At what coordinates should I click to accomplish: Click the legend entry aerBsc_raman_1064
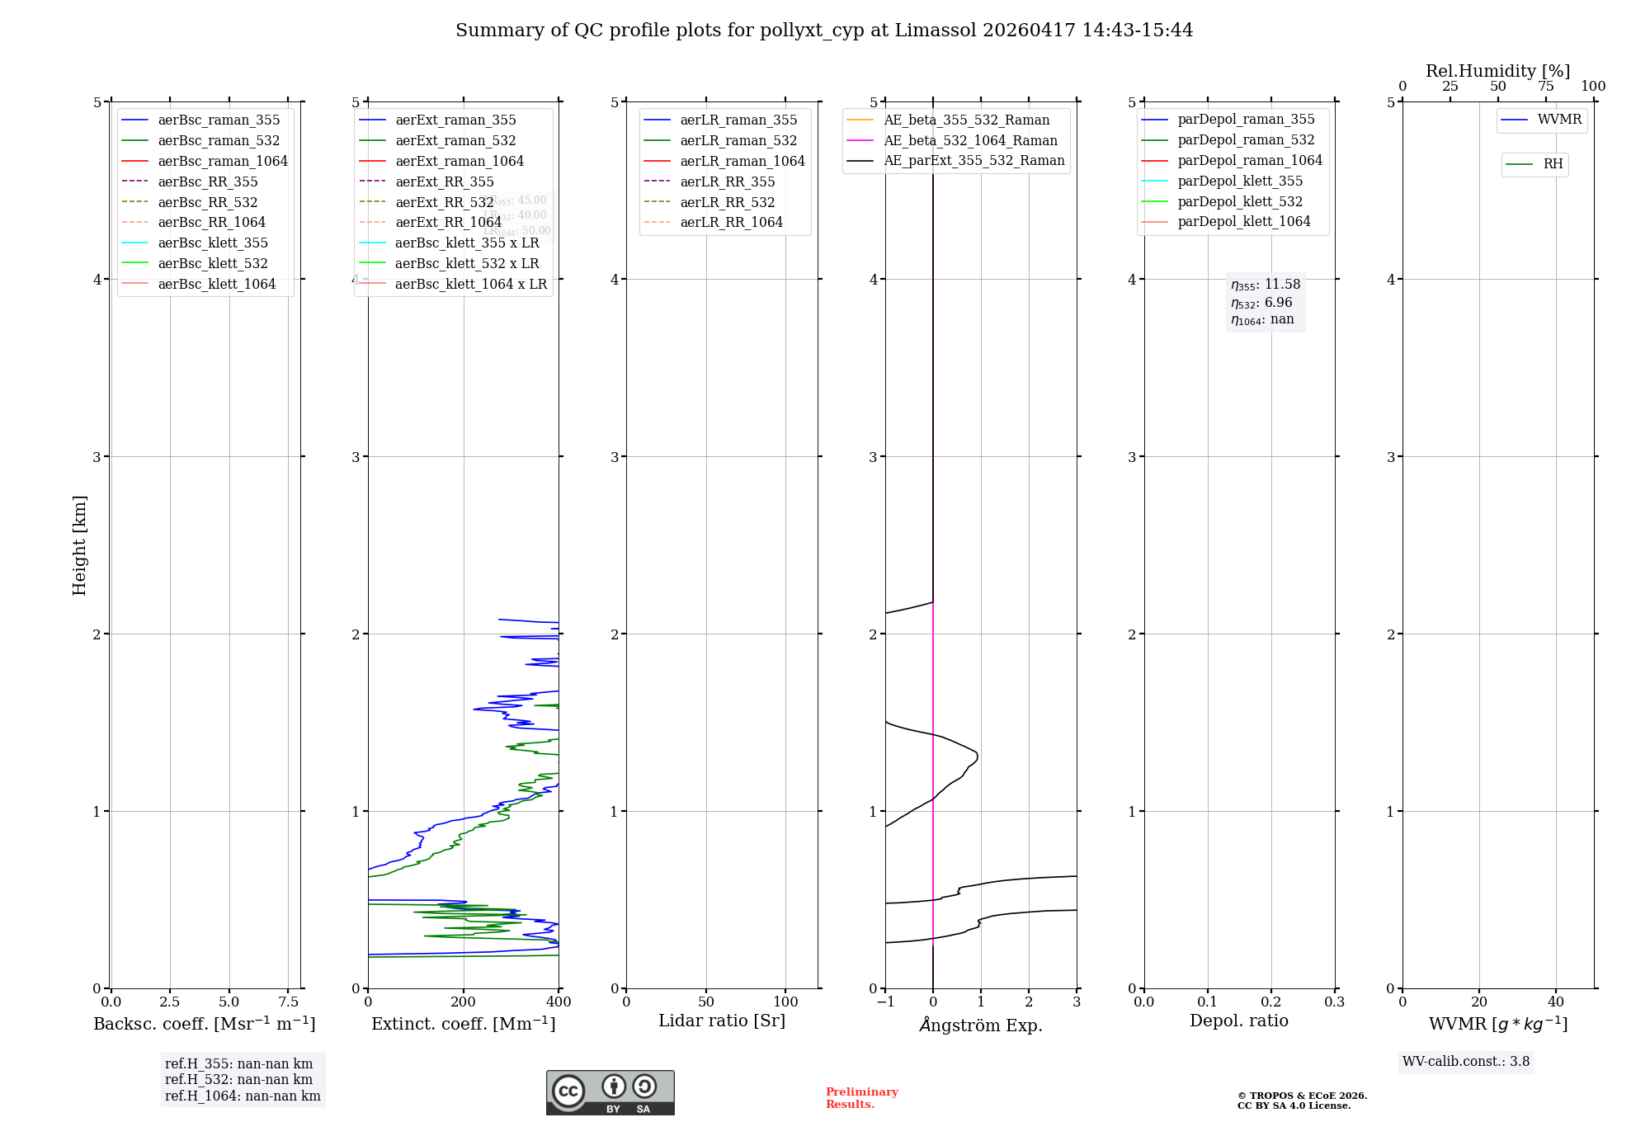(222, 161)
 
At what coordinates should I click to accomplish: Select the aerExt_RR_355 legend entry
(444, 181)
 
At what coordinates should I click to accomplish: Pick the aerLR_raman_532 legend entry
(738, 140)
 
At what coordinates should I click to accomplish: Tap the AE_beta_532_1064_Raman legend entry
(970, 140)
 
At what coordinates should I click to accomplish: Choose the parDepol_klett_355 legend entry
(1239, 181)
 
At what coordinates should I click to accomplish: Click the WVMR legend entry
(1558, 120)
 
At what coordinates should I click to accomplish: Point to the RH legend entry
(1552, 164)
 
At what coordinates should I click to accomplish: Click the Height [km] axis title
(79, 544)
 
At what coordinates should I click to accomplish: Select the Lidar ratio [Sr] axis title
(722, 1021)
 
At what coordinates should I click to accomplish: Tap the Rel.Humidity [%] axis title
(1497, 71)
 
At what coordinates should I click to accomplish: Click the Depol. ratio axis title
(1238, 1021)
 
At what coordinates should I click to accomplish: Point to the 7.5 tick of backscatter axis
(288, 1002)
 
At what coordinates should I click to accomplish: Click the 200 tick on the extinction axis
(464, 1002)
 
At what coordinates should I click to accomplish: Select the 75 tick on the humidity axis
(1545, 87)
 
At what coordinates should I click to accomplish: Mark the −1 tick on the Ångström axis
(885, 1002)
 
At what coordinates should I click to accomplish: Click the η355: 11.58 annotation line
(1266, 285)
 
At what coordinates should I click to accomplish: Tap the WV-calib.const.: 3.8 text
(1465, 1062)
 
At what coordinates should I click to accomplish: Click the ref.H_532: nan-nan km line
(238, 1079)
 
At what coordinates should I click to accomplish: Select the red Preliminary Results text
(861, 1098)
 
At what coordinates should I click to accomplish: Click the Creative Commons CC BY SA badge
(610, 1092)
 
